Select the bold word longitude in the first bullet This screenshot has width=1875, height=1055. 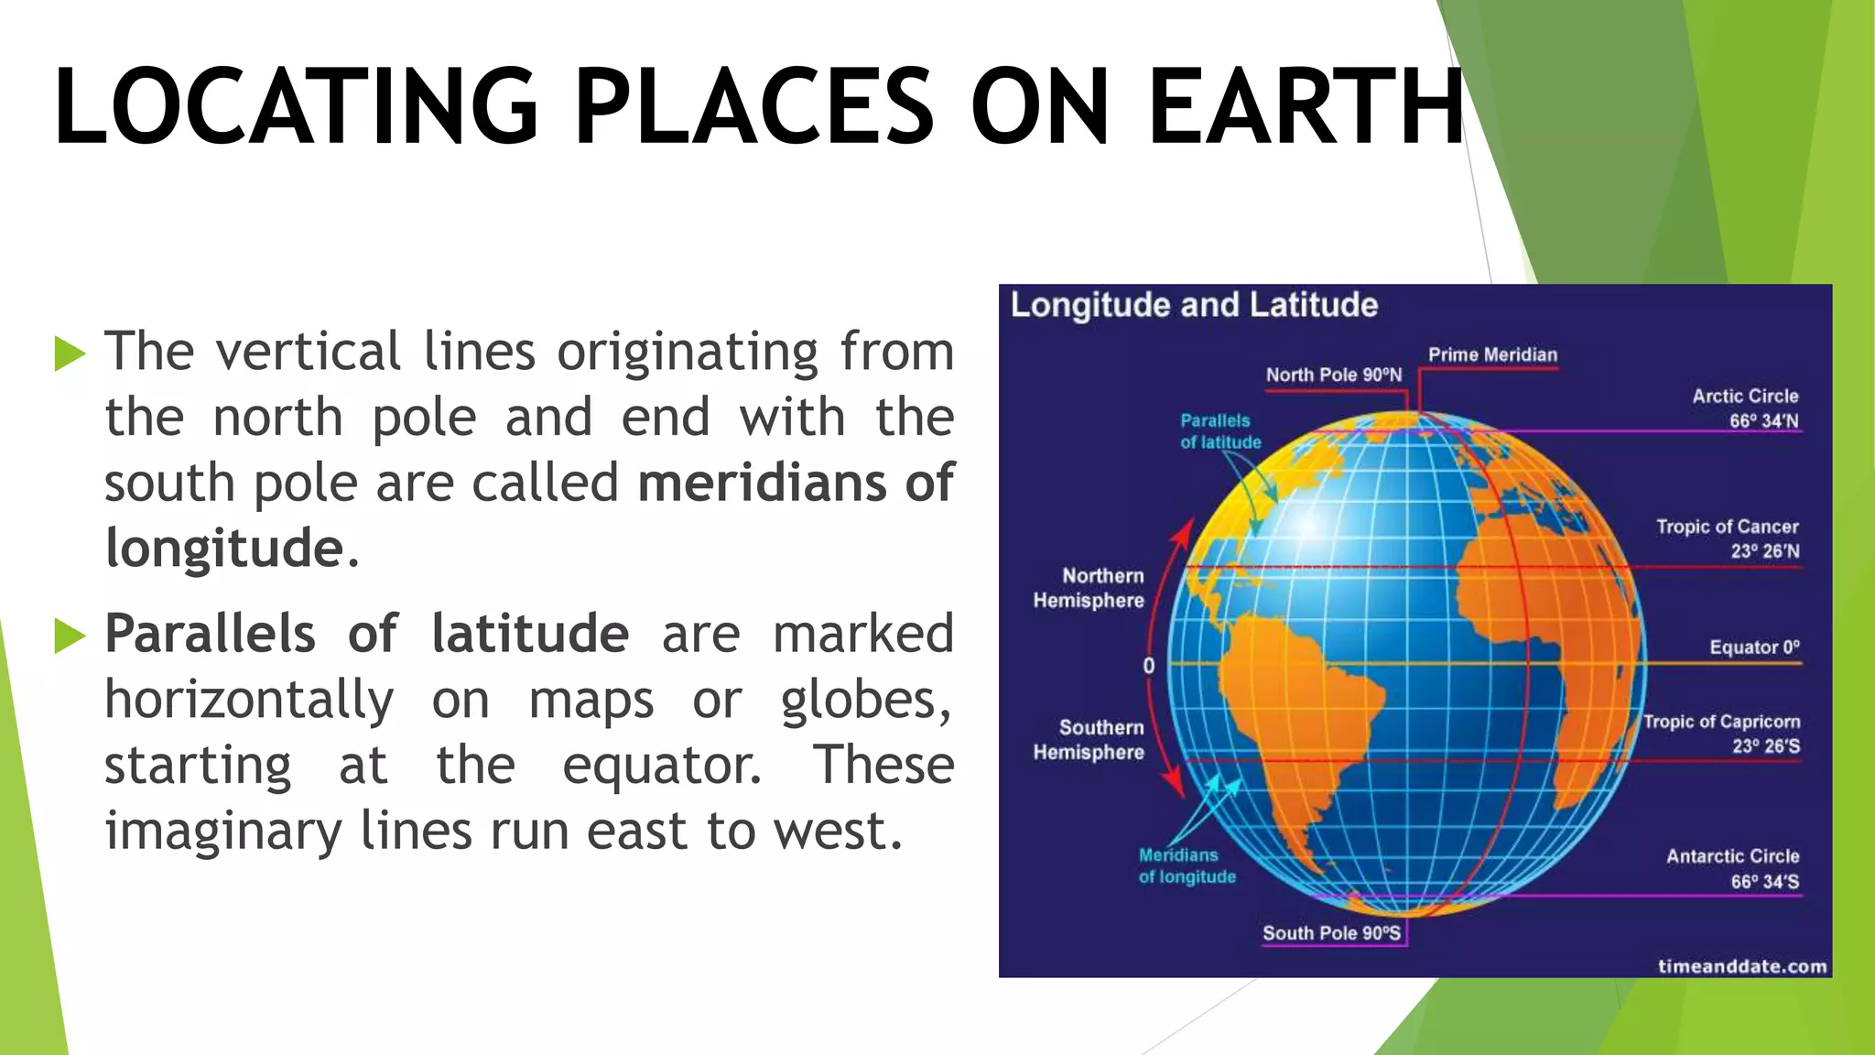coord(224,548)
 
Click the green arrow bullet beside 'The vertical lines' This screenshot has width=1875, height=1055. coord(70,353)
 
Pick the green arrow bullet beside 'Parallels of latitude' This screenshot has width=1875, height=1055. coord(70,636)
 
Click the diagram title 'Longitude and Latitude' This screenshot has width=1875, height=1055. coord(1194,305)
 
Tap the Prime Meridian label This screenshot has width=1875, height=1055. coord(1492,354)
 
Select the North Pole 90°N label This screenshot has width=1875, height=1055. coord(1333,375)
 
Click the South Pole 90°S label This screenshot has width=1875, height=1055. coord(1331,933)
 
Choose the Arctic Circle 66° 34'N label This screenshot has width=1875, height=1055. coord(1745,408)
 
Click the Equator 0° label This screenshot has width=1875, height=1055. coord(1754,647)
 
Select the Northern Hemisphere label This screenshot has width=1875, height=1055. coord(1089,588)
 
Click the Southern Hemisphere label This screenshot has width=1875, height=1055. coord(1089,739)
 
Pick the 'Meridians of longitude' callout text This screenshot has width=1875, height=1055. coord(1187,865)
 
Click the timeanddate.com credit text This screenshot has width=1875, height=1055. coord(1741,966)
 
